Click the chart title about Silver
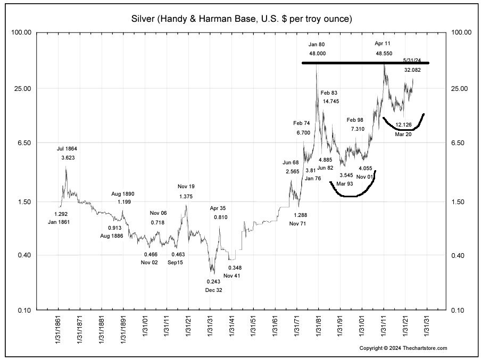[242, 19]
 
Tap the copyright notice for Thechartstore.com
[403, 348]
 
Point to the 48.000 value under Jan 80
[317, 54]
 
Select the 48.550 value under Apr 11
[383, 54]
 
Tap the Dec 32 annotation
[214, 290]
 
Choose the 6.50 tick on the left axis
[24, 143]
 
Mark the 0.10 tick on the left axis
[24, 310]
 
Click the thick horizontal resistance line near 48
[365, 63]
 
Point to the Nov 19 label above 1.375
[186, 187]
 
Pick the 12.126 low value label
[403, 125]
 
